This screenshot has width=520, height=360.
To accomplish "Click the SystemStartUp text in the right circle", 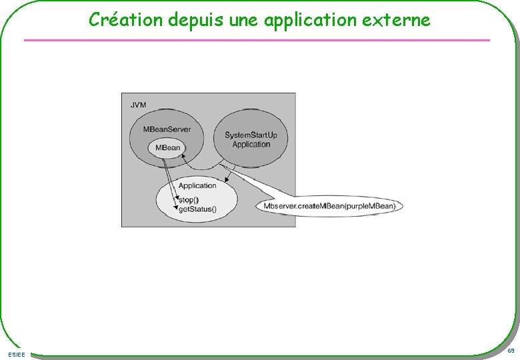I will (x=251, y=135).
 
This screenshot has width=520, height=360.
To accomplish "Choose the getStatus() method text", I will (x=197, y=209).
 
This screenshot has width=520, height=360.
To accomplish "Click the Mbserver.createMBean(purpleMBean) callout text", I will (x=329, y=206).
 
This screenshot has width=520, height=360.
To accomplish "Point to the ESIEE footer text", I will (x=18, y=354).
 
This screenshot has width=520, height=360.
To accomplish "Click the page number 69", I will (x=510, y=351).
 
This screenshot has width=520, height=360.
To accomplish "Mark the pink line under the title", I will (x=257, y=41).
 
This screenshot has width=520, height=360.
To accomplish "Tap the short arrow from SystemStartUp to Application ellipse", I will (x=229, y=176).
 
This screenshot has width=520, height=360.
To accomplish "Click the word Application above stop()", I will (x=197, y=186).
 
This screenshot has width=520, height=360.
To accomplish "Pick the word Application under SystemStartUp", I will (x=251, y=145).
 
